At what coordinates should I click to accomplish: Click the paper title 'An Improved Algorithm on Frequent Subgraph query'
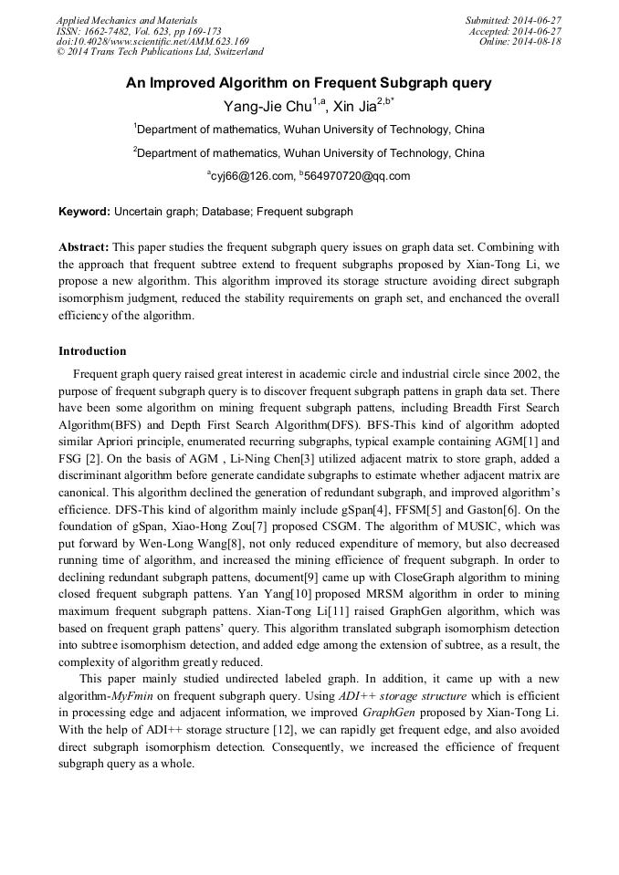(x=309, y=83)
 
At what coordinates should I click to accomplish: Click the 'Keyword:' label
(x=84, y=212)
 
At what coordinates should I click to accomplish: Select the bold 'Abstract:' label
(x=84, y=247)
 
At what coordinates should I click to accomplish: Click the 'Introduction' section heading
(x=92, y=351)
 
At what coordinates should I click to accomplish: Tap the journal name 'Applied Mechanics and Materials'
(x=126, y=20)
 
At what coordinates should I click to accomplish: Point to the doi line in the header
(x=152, y=42)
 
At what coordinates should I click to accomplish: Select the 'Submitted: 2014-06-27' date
(x=513, y=20)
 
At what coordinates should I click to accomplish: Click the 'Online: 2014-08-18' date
(x=519, y=42)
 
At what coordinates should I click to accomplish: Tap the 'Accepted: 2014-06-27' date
(x=515, y=31)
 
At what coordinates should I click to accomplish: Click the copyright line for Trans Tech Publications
(x=160, y=53)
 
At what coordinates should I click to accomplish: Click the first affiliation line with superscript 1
(x=309, y=130)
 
